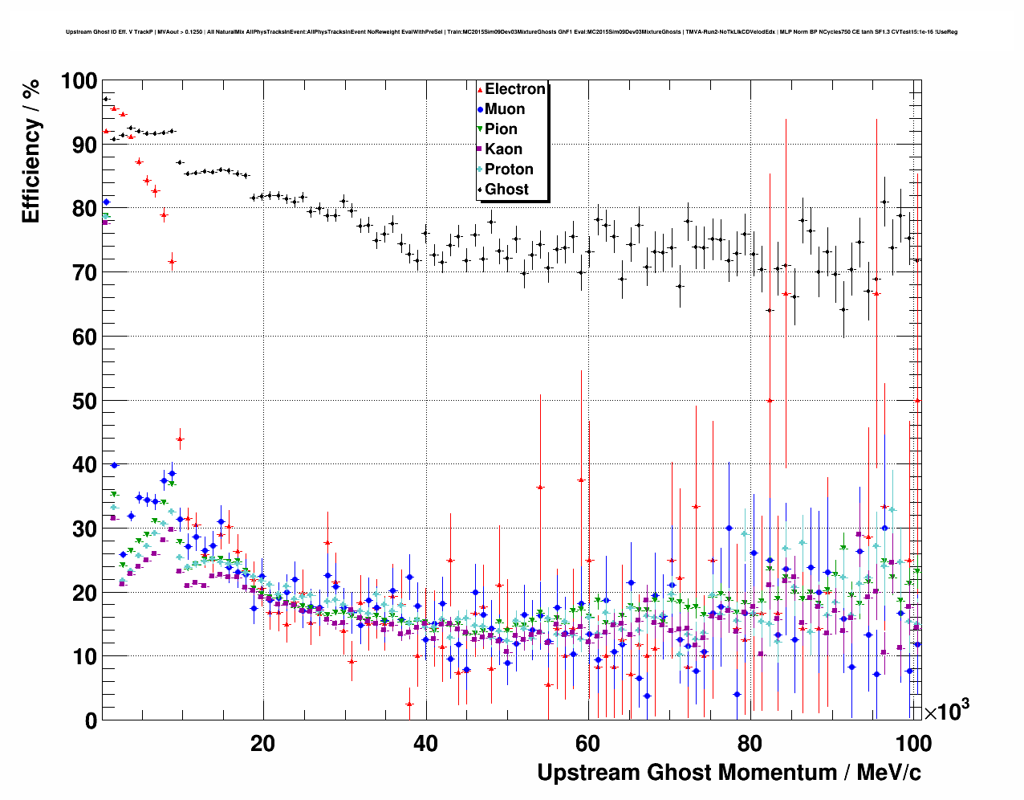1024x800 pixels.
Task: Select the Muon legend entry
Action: (504, 109)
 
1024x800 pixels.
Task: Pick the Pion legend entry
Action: (501, 129)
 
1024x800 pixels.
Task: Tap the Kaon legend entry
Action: (503, 149)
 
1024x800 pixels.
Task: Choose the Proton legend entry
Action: (509, 169)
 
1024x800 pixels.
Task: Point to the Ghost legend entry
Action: (506, 190)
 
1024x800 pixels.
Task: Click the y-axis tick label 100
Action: (79, 81)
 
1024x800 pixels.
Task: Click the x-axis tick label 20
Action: (262, 743)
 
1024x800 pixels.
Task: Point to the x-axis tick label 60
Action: (588, 743)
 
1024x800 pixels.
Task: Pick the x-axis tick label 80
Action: (751, 743)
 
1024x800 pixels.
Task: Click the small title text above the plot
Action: (511, 32)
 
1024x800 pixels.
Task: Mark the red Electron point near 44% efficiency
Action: (180, 439)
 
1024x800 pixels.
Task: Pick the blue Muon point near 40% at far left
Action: (114, 465)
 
